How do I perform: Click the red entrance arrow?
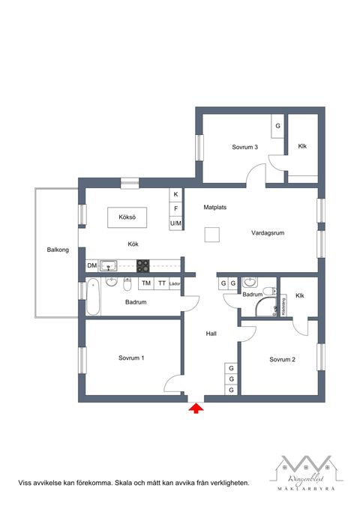pos(196,408)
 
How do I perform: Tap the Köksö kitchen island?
pos(126,218)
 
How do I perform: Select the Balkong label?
pos(57,250)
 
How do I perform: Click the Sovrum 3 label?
pos(245,147)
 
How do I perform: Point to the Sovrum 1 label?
pos(131,358)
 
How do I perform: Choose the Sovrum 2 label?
pos(282,360)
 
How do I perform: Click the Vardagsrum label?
pos(268,233)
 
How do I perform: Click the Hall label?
pos(211,334)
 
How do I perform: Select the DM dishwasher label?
pos(92,265)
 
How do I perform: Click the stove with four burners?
pos(142,264)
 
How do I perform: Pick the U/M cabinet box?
pos(176,223)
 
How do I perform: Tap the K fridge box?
pos(176,194)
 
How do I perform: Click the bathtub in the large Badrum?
pos(93,296)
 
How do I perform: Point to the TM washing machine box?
pos(145,283)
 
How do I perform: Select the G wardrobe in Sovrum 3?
pos(277,125)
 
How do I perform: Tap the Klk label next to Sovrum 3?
pos(302,146)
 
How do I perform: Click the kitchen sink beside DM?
pos(109,265)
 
